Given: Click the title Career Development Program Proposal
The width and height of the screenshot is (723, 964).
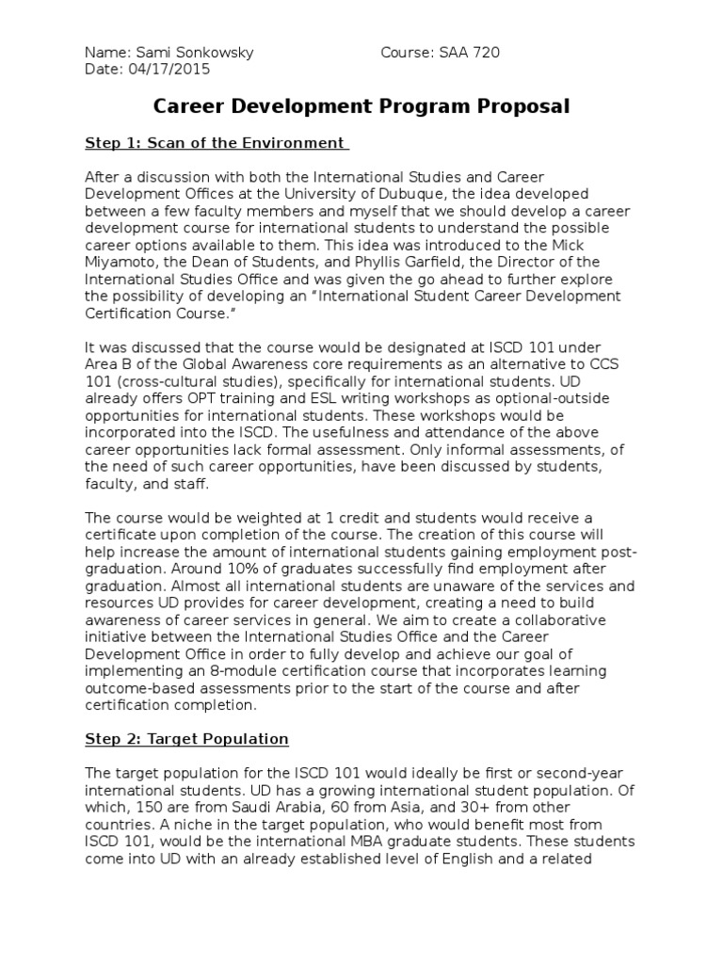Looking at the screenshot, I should (362, 106).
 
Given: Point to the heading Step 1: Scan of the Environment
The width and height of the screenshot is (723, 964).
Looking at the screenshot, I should (216, 143).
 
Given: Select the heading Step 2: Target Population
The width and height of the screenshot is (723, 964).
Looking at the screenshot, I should (186, 739).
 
